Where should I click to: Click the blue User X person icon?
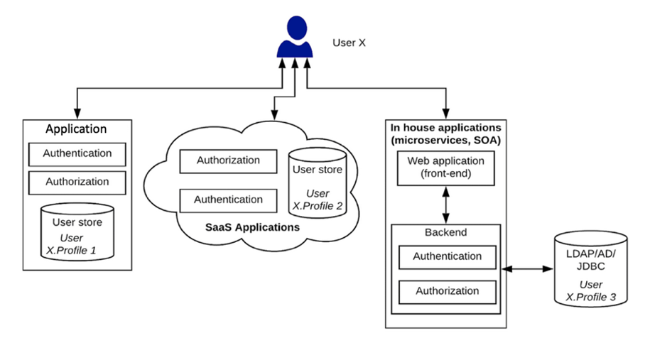[294, 38]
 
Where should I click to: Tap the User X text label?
[349, 43]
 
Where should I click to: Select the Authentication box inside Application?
[77, 153]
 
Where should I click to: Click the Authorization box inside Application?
[77, 182]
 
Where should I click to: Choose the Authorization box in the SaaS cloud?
[228, 160]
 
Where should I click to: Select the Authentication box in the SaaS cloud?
[228, 200]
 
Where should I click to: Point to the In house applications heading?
[445, 133]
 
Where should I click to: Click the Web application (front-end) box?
[445, 168]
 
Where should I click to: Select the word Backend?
[445, 232]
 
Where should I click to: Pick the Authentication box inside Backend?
[447, 256]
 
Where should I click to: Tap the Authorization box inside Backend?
[447, 291]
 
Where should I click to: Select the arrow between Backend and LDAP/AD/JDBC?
[527, 269]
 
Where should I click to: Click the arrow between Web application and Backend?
[445, 204]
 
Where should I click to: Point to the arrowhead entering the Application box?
[77, 113]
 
